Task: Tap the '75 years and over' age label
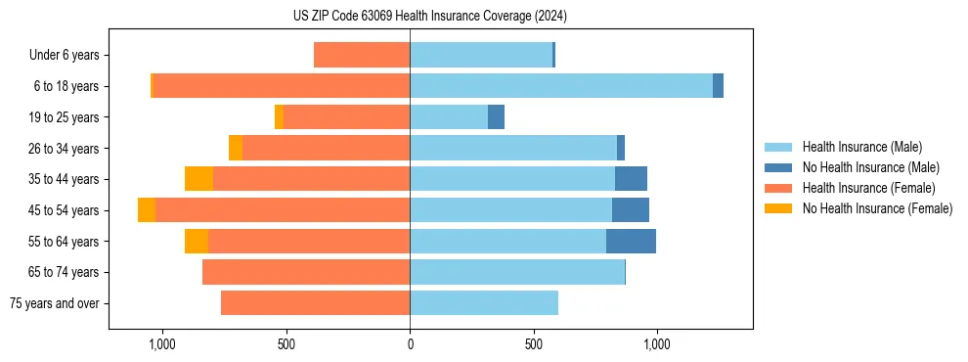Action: coord(54,303)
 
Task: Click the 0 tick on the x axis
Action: coord(410,344)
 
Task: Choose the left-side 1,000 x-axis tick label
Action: coord(161,344)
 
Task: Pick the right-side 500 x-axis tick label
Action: coord(533,344)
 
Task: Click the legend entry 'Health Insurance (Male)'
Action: coord(861,147)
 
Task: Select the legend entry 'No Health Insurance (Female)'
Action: coord(877,208)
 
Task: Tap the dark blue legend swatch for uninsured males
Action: coord(778,167)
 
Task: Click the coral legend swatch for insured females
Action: coord(778,188)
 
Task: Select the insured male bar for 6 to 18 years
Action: coord(561,86)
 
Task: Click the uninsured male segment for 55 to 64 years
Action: coord(631,242)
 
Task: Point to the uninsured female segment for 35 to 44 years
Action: coord(198,179)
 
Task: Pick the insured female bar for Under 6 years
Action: coord(362,56)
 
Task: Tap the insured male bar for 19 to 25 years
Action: coord(449,117)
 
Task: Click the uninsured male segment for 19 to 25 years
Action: coord(496,117)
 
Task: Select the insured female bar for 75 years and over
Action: coord(315,303)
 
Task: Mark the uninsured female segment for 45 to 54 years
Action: coord(146,210)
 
